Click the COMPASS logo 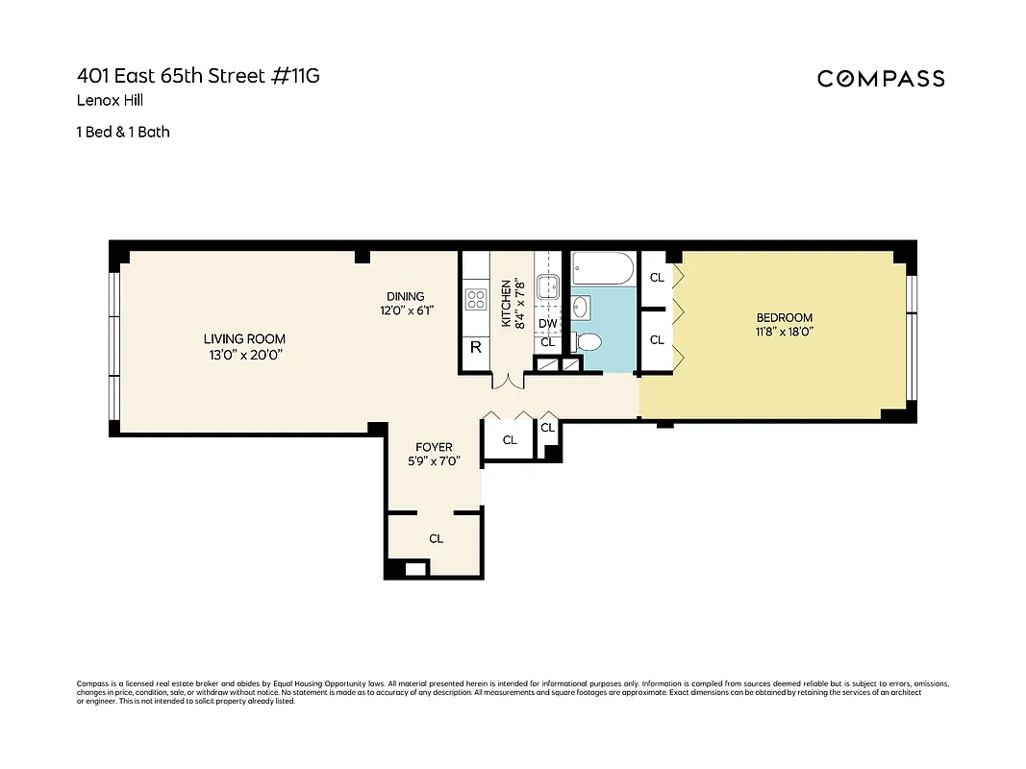(881, 79)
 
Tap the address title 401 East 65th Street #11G (198, 76)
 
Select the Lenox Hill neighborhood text (110, 100)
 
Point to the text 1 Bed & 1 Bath (123, 132)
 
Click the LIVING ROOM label (244, 338)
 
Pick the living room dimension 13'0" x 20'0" (244, 355)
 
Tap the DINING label (405, 296)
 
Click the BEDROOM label (784, 317)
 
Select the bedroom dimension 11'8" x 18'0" (784, 333)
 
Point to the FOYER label (434, 447)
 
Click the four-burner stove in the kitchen (475, 299)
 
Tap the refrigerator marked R (475, 348)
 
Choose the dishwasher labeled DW (547, 323)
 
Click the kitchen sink (547, 286)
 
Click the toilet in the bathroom (588, 341)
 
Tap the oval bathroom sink (582, 308)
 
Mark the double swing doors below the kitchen (507, 382)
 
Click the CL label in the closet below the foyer (436, 538)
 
